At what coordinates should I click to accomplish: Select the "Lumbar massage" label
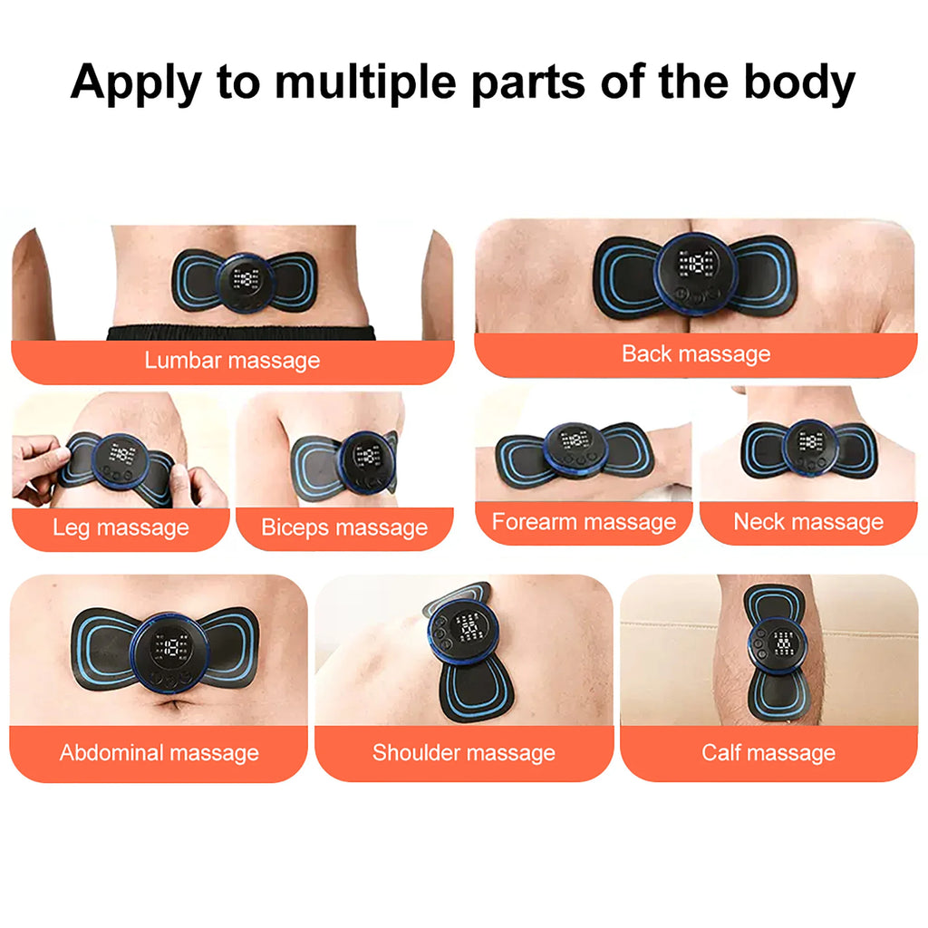point(232,360)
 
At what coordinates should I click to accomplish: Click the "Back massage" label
point(696,353)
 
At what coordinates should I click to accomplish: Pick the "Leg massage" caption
point(121,527)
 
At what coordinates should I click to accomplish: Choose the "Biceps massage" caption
point(344,527)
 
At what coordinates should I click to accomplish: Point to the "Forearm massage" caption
point(584,522)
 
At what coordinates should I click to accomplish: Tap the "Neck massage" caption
point(808,522)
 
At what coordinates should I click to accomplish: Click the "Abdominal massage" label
point(159,752)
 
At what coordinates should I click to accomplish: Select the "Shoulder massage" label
point(464,752)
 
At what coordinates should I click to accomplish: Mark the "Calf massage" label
point(768,752)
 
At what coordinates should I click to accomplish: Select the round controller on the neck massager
point(809,446)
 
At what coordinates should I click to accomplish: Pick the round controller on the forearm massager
point(574,448)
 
